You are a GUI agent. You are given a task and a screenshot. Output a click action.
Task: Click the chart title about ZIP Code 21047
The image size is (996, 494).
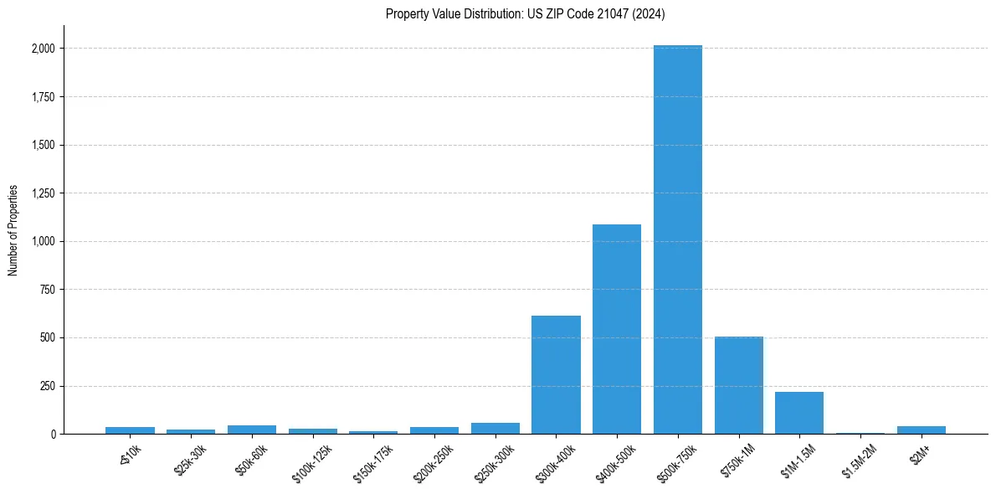pyautogui.click(x=525, y=13)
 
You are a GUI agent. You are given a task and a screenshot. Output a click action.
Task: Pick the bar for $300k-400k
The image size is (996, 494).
pyautogui.click(x=556, y=374)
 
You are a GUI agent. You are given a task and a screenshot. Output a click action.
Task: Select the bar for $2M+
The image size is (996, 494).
pyautogui.click(x=922, y=430)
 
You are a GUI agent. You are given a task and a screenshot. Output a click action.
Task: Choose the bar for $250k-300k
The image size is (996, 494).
pyautogui.click(x=495, y=428)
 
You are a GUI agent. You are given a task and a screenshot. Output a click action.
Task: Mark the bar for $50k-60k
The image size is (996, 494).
pyautogui.click(x=252, y=430)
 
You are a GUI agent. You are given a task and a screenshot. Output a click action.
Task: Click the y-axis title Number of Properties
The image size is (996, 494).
pyautogui.click(x=13, y=230)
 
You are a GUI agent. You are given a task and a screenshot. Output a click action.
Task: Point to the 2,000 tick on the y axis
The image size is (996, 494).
pyautogui.click(x=43, y=49)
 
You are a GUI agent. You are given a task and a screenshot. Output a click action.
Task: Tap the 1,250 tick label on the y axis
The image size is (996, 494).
pyautogui.click(x=43, y=193)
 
